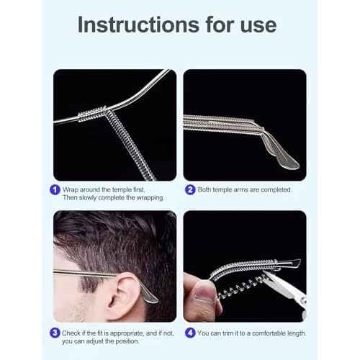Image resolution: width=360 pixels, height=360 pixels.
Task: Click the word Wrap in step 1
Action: pyautogui.click(x=72, y=189)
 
